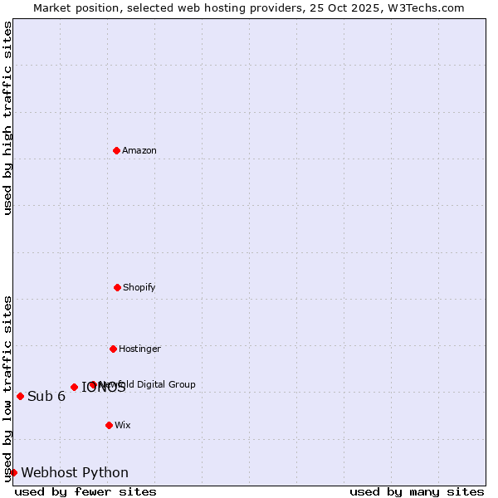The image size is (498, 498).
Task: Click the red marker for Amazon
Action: tap(116, 150)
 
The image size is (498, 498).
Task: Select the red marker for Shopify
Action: tap(117, 287)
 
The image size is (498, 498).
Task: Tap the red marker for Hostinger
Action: tap(113, 349)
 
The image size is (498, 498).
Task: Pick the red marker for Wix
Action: tap(109, 425)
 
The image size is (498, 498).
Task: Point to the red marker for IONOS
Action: tap(74, 387)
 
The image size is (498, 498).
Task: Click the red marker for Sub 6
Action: tap(20, 396)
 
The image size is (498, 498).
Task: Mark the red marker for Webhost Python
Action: tap(13, 472)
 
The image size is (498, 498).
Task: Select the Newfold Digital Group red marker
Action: tap(92, 384)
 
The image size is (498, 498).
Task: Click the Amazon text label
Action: tap(139, 150)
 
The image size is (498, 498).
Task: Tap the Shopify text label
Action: tap(139, 287)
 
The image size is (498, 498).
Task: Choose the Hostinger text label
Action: tap(139, 349)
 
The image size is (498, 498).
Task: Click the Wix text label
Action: tap(123, 425)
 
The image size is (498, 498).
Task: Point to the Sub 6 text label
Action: tap(46, 396)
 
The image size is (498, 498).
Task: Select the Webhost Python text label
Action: tap(75, 472)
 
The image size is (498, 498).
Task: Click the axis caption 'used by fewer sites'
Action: tap(85, 491)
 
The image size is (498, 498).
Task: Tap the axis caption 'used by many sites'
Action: tap(417, 491)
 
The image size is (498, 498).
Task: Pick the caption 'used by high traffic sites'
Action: tap(7, 118)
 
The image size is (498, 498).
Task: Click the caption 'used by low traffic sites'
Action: tap(7, 388)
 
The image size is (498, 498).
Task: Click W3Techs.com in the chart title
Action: tap(426, 7)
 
